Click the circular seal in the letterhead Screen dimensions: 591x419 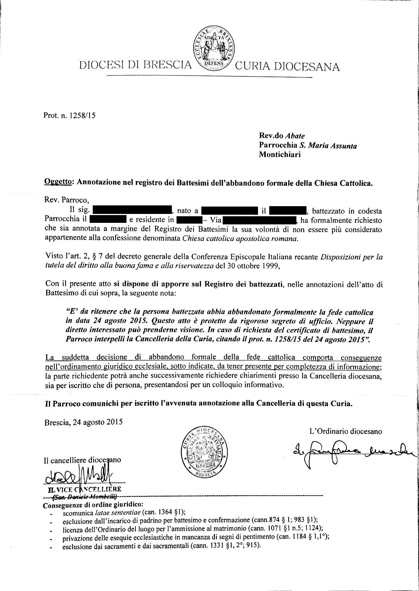(213, 49)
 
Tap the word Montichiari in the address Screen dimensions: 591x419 (279, 155)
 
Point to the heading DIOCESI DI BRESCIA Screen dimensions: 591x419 (135, 65)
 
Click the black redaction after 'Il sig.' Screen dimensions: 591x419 (132, 211)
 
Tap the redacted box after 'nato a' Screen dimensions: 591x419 (230, 211)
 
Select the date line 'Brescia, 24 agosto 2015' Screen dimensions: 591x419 (83, 422)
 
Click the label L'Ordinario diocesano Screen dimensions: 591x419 (345, 431)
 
